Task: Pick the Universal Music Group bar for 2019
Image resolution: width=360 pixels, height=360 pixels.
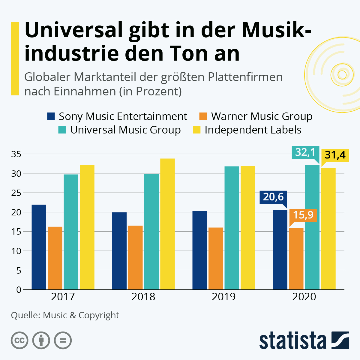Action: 232,228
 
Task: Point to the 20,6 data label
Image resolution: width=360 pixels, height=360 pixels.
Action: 273,197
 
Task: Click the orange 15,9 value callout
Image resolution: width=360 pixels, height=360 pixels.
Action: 303,215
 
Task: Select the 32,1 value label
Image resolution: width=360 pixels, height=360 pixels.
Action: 305,152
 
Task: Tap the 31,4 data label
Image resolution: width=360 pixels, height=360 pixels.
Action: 335,155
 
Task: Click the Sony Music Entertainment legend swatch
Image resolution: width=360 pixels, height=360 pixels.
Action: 51,116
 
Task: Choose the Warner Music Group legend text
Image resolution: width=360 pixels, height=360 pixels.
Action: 262,116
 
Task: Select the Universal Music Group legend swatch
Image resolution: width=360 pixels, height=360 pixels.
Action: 62,130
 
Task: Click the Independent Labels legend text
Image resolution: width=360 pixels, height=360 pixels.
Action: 253,130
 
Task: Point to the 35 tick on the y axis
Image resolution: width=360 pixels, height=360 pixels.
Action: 16,154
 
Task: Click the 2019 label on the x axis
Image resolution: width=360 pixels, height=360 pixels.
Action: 223,297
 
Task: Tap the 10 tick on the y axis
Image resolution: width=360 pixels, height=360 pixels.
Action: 16,251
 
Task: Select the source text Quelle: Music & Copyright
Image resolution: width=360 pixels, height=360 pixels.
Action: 65,315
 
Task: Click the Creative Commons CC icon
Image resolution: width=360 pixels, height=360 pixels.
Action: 19,340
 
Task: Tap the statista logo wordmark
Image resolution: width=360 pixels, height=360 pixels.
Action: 292,341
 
